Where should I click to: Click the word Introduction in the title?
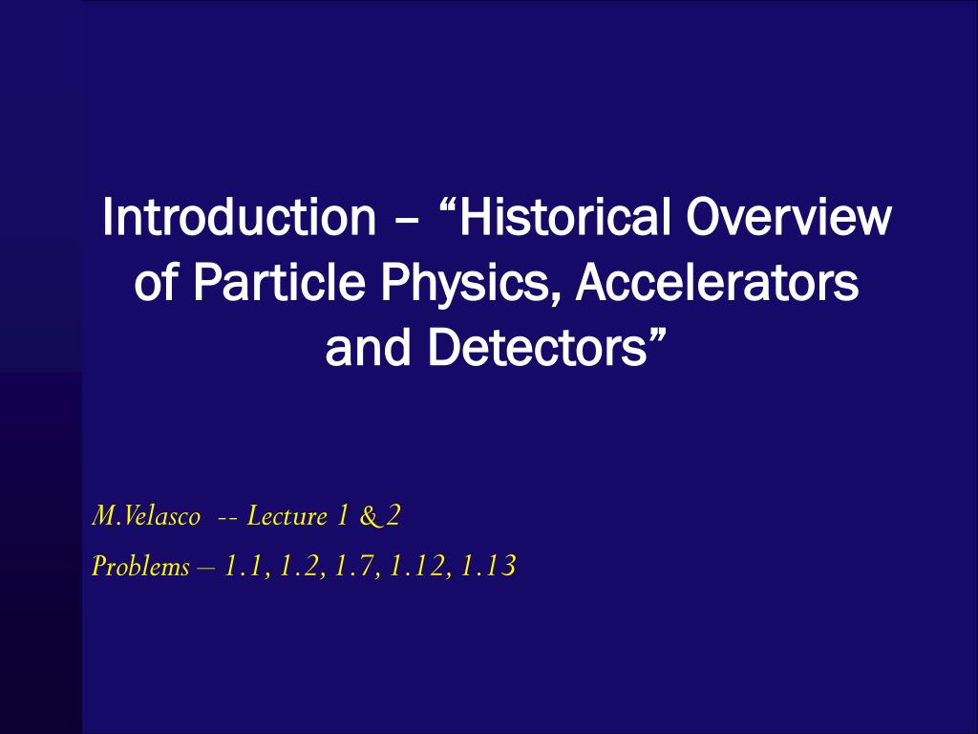click(x=240, y=217)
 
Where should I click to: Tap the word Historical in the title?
click(x=565, y=217)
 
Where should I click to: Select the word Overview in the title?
click(x=788, y=217)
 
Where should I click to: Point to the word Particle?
click(x=279, y=282)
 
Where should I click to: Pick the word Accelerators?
click(x=716, y=282)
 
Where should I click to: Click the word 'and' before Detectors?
click(x=368, y=347)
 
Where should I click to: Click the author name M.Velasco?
click(x=146, y=516)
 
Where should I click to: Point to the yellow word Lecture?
click(x=287, y=516)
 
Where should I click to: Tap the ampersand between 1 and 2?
click(x=370, y=516)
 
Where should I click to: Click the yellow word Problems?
click(x=140, y=567)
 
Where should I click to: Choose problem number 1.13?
click(x=488, y=567)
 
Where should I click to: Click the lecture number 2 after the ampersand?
click(x=393, y=516)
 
